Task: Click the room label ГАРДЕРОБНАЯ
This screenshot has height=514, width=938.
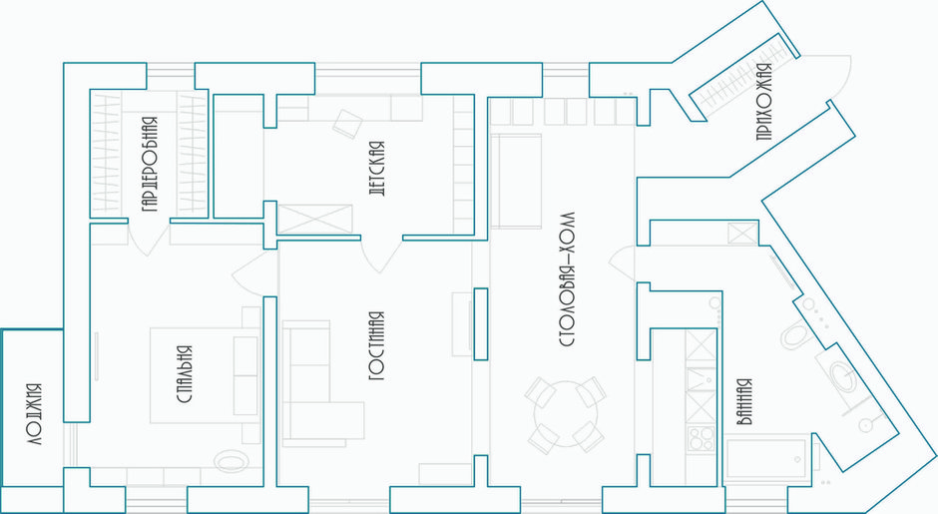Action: [149, 165]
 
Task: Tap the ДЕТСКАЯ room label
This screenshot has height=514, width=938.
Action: [376, 167]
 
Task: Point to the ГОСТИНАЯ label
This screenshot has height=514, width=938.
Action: [376, 345]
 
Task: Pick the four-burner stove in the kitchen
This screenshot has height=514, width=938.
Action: [701, 439]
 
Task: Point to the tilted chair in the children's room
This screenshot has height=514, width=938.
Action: [347, 122]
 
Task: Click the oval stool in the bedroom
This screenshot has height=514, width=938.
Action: [232, 461]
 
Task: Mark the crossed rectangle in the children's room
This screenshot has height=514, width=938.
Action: [316, 218]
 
